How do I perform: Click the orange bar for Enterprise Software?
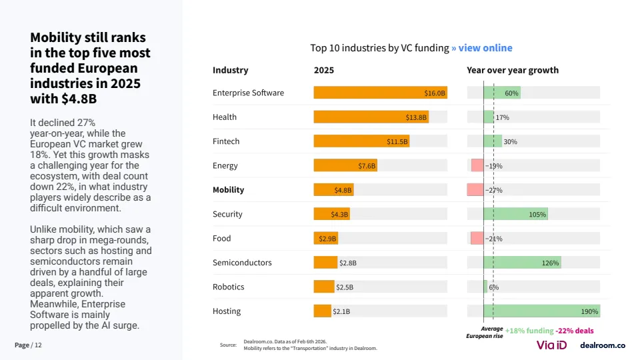coord(380,93)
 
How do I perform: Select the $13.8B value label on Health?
coord(416,117)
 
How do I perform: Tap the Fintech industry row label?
coord(226,141)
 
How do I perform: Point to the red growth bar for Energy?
coord(477,165)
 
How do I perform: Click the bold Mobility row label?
coord(228,190)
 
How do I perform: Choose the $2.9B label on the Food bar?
coord(327,239)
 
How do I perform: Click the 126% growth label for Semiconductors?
coord(550,263)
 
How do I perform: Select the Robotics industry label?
coord(229,287)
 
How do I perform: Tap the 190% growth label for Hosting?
coord(589,311)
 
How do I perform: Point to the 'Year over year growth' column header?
coord(513,70)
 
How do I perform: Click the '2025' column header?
coord(324,70)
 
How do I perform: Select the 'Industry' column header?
coord(230,70)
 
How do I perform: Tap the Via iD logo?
coord(552,345)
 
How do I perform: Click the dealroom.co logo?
coord(603,345)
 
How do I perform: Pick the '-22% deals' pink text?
coord(575,331)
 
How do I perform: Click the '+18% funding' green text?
coord(529,331)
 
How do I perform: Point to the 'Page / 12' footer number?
coord(28,345)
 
